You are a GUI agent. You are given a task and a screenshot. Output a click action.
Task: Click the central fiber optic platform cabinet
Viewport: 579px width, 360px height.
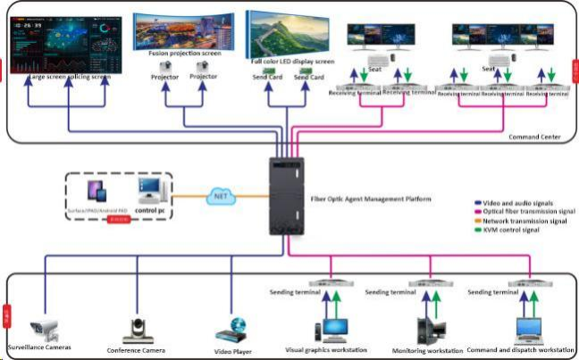pyautogui.click(x=286, y=197)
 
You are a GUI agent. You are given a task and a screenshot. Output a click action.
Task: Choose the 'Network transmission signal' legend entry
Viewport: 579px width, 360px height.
pyautogui.click(x=526, y=221)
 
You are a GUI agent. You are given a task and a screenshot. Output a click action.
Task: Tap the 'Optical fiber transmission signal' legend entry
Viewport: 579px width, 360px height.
pyautogui.click(x=529, y=212)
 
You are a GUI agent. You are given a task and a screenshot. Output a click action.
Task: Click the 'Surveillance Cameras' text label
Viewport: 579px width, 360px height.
pyautogui.click(x=41, y=345)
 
